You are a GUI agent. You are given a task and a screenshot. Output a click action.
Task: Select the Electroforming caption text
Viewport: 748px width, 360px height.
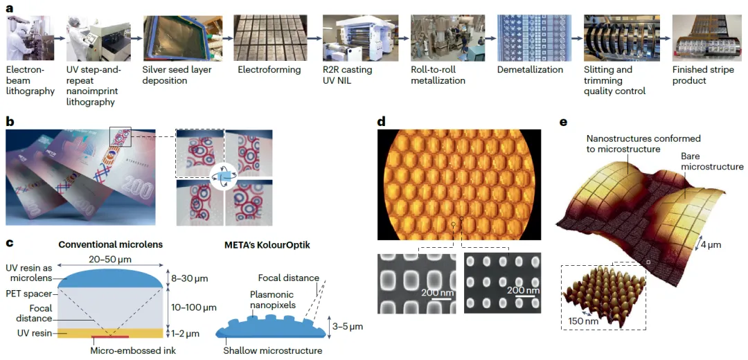269,70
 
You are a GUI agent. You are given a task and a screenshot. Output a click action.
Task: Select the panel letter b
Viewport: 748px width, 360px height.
10,122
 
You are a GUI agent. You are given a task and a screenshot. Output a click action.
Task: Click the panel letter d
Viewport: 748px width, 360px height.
381,122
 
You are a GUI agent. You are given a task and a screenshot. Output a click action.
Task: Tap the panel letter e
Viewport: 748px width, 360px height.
563,122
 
